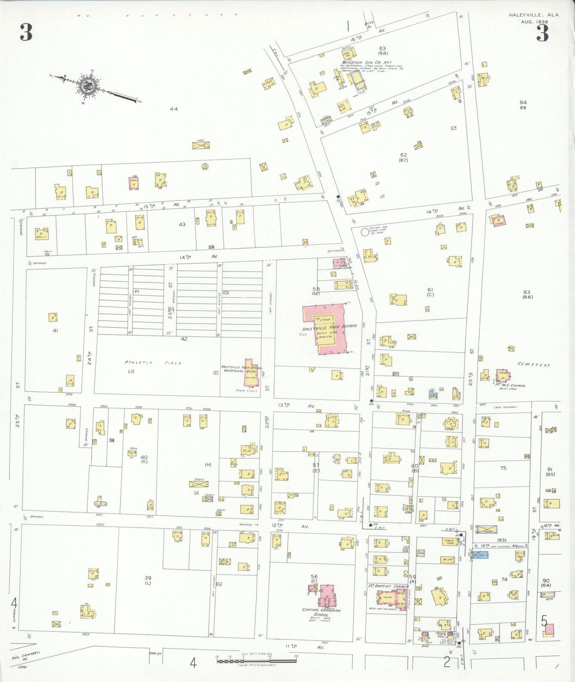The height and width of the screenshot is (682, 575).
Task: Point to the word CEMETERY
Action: tap(534, 364)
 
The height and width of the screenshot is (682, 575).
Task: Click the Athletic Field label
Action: tap(153, 363)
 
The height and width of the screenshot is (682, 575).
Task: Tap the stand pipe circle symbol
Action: tap(364, 232)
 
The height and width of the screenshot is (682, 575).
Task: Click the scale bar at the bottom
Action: tap(257, 661)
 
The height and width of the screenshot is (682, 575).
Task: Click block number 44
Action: tap(173, 109)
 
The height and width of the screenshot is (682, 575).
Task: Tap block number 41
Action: tap(55, 330)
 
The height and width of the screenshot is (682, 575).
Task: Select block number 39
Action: tap(148, 577)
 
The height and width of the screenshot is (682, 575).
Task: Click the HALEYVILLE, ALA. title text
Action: tap(534, 15)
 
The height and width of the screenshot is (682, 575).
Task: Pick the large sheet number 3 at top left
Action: tap(26, 33)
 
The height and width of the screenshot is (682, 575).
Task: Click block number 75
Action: tap(503, 468)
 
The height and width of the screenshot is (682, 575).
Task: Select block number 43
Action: tap(182, 224)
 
